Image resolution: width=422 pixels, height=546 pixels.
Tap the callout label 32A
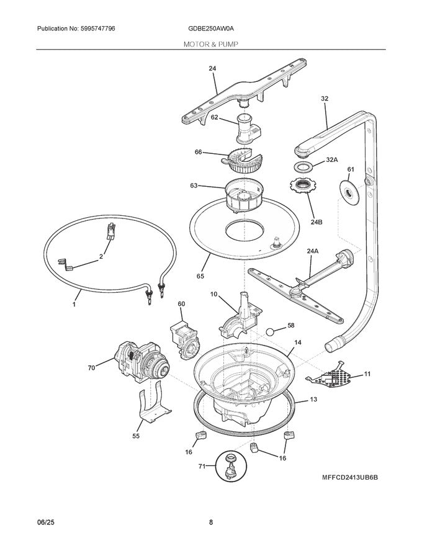pos(332,160)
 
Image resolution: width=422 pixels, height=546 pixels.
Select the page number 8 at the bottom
pos(211,522)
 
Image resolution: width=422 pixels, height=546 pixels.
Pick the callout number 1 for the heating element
pos(74,305)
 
